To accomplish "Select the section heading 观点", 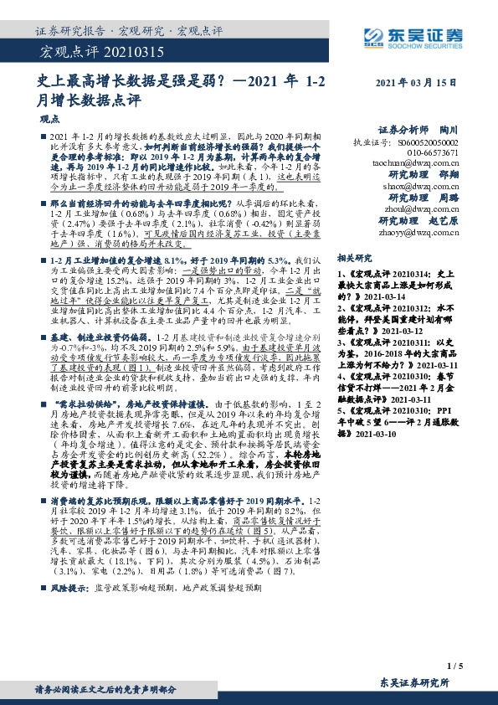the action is tap(51, 119).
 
